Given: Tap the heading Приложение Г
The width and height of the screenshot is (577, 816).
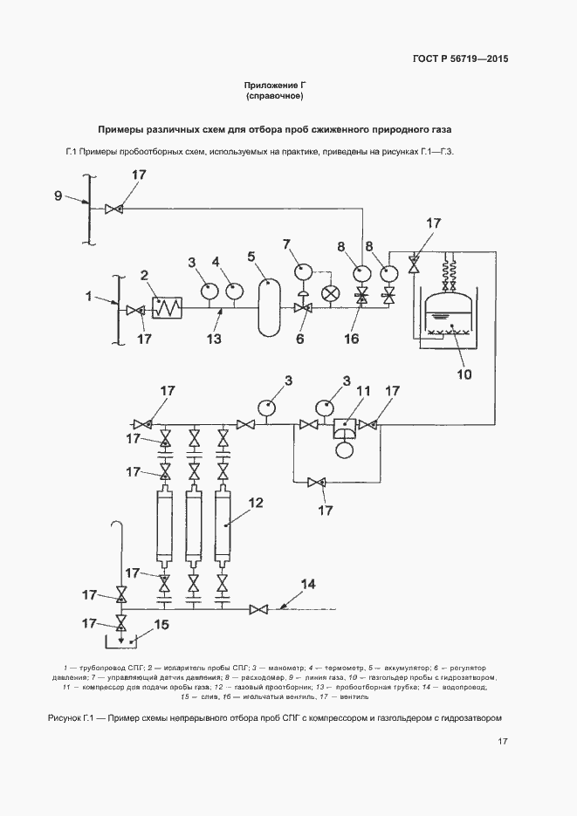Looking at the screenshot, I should click(x=279, y=85).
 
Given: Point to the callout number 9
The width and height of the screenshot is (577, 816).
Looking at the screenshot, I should click(x=58, y=195).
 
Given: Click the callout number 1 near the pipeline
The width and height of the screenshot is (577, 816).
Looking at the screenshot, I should click(x=88, y=298).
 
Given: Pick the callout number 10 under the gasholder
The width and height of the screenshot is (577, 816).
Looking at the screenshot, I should click(x=463, y=375).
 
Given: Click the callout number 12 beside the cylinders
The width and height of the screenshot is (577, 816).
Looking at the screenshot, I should click(x=256, y=503).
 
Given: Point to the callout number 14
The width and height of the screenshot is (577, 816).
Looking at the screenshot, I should click(x=308, y=582).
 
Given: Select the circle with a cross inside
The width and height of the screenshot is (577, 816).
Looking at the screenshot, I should click(x=331, y=294).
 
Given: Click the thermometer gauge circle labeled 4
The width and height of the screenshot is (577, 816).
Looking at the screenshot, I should click(x=233, y=291).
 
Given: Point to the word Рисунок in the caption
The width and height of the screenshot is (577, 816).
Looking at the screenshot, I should click(x=62, y=717).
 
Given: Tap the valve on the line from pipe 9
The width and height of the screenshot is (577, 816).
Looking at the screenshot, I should click(x=113, y=209).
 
